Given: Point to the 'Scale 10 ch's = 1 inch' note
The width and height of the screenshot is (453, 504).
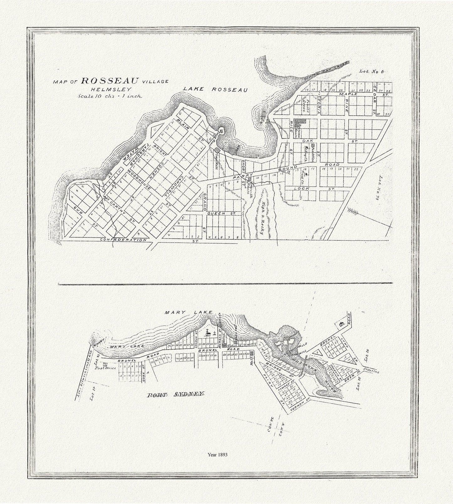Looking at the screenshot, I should pos(110,96).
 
